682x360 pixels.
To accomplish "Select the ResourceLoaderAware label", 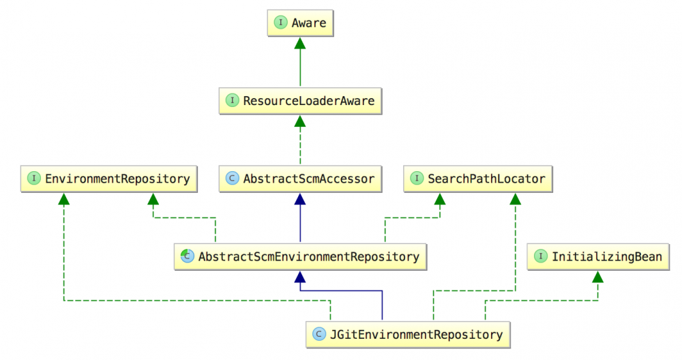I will point(310,101).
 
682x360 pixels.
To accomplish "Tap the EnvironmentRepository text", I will point(117,179).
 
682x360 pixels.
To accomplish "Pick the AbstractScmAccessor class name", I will point(309,179).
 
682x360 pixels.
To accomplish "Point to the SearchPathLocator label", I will point(486,179).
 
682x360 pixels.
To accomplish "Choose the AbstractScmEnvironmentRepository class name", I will point(308,257).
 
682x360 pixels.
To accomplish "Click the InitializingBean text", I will point(606,257).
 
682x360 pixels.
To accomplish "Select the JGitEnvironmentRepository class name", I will point(417,334).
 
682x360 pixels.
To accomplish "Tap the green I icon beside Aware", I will point(280,23).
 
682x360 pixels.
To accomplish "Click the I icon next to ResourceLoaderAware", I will point(233,101).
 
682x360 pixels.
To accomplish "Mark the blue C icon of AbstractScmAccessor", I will point(232,179).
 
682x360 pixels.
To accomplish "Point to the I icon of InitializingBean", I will point(541,257).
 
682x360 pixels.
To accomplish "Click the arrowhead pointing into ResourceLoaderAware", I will point(299,121).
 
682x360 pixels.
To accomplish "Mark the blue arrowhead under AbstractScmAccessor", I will point(299,199).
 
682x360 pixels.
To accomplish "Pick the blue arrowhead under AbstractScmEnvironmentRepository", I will point(299,277).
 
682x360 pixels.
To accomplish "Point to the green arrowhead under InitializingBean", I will point(598,277).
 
